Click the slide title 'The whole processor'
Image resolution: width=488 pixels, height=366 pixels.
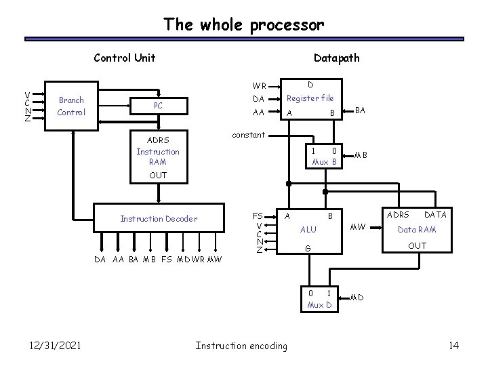pos(243,25)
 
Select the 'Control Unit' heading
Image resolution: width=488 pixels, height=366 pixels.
pos(124,58)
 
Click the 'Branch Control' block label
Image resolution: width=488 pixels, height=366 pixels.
pos(72,106)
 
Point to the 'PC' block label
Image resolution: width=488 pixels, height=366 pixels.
pos(158,106)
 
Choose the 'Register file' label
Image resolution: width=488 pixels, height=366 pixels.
pos(310,99)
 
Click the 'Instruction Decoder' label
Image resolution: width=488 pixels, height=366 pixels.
pos(159,218)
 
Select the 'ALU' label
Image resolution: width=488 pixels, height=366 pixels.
pos(308,230)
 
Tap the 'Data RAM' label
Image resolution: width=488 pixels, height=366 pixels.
pos(417,230)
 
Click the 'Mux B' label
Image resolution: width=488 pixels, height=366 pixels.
pos(324,162)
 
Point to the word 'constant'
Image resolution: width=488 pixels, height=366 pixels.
pos(248,135)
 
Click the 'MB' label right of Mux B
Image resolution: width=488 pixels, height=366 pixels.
pos(361,155)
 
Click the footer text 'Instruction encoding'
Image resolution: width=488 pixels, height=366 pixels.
pos(241,346)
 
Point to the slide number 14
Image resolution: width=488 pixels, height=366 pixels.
pos(453,346)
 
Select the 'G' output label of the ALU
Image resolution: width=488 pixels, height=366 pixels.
pos(308,249)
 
